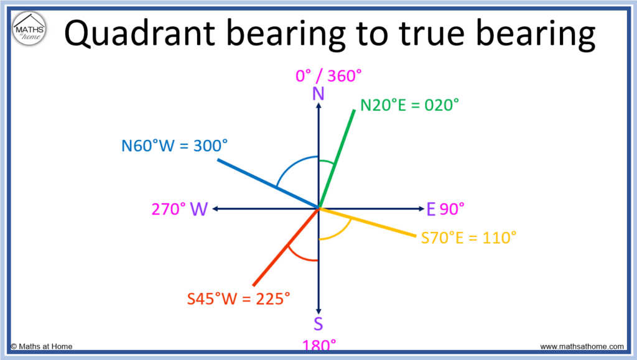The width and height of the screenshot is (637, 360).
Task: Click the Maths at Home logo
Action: click(29, 29)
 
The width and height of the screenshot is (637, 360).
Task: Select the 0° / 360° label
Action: click(328, 76)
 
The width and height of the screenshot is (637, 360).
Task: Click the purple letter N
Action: click(318, 94)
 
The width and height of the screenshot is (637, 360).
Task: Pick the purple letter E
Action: click(431, 209)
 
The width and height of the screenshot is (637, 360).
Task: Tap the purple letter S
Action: click(318, 324)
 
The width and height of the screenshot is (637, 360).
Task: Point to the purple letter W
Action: click(199, 209)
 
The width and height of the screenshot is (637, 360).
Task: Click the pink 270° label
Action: click(169, 209)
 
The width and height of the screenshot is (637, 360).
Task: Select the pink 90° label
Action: click(452, 209)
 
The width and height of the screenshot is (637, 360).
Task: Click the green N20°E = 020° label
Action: click(409, 105)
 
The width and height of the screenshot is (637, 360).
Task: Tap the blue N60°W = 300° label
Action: click(174, 145)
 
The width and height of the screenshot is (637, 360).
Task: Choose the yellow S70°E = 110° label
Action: click(468, 238)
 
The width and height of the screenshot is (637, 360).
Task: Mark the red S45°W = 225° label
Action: click(238, 298)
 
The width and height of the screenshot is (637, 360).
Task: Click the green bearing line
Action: click(337, 159)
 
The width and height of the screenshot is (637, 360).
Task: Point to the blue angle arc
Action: click(291, 164)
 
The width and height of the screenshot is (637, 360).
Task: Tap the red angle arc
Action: click(299, 257)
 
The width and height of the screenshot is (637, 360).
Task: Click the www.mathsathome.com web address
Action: click(582, 346)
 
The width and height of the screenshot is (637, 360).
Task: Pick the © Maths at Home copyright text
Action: click(42, 346)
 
